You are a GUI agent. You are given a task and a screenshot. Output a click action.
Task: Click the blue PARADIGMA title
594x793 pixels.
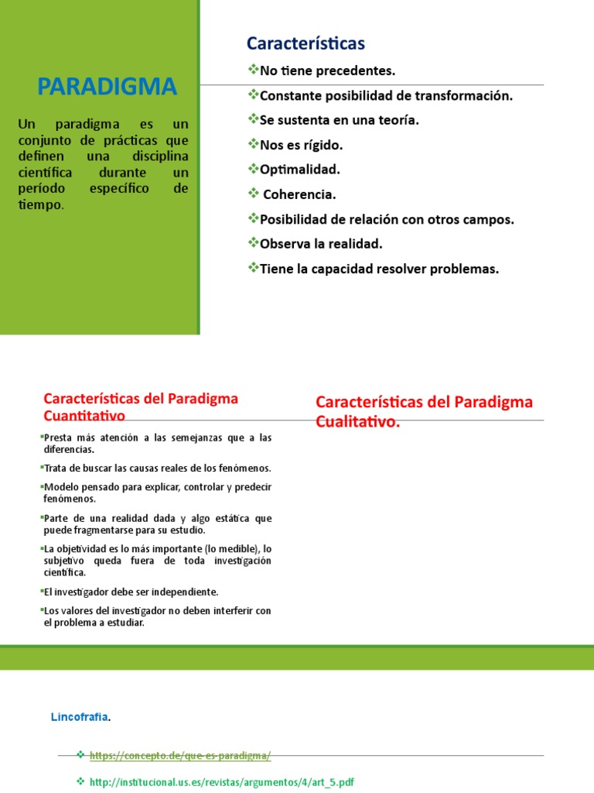pyautogui.click(x=108, y=86)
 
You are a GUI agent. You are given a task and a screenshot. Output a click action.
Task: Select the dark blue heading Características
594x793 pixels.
pyautogui.click(x=306, y=43)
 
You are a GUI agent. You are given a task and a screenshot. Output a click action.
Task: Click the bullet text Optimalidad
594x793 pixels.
pyautogui.click(x=300, y=170)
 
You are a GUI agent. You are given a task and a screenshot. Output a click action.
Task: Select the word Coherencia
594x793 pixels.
pyautogui.click(x=300, y=194)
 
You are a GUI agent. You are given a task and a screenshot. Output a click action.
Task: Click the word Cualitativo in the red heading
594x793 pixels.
pyautogui.click(x=357, y=421)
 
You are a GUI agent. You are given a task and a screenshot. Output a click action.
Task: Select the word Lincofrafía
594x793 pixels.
pyautogui.click(x=80, y=717)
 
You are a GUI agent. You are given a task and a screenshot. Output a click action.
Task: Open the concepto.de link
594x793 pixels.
pyautogui.click(x=180, y=756)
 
